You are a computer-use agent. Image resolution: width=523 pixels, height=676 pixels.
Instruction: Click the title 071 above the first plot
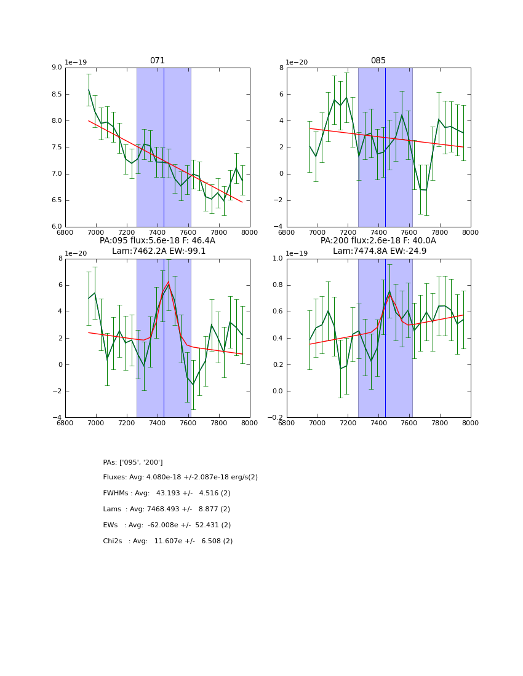coord(158,61)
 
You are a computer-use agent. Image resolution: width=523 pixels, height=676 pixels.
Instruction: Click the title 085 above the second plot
coord(378,61)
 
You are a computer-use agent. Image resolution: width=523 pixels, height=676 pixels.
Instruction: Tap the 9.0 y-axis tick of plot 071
coord(56,68)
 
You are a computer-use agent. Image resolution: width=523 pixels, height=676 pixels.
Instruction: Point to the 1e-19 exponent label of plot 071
coord(76,63)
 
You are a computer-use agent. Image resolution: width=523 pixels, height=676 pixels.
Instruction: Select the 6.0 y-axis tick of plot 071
coord(56,227)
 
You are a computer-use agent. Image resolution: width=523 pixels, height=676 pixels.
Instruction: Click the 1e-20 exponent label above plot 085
coord(297,63)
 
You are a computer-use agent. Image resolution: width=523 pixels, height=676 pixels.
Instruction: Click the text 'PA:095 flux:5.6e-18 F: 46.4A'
coord(158,241)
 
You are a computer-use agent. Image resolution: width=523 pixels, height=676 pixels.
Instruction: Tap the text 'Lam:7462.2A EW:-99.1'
coord(159,251)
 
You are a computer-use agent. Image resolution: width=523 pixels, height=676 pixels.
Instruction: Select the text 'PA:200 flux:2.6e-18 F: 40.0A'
coord(378,241)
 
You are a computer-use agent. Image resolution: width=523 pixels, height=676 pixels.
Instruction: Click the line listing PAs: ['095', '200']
coord(133,462)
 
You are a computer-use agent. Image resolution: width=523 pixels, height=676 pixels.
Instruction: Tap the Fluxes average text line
coord(180,478)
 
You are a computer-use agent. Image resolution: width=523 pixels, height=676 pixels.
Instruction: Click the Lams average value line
coord(167,509)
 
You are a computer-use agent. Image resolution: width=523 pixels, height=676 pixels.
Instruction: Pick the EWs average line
coord(167,525)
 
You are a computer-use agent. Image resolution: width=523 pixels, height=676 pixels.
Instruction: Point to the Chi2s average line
coord(168,541)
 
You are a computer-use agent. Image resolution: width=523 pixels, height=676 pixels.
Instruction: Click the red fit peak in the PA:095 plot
coord(169,282)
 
